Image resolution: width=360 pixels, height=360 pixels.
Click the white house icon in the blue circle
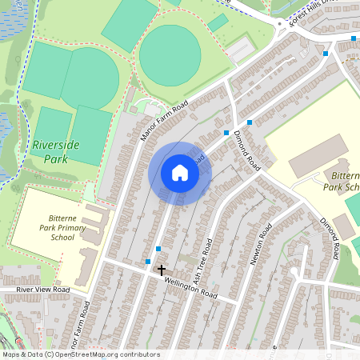180,173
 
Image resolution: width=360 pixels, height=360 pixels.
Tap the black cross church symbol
161,270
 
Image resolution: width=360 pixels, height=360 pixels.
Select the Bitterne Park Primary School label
51,227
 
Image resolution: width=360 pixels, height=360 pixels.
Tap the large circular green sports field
170,54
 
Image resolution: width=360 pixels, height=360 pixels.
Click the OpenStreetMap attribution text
81,354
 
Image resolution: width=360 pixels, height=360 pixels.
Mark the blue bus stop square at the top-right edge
354,38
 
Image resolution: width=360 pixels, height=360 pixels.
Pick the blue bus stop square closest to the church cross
148,261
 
